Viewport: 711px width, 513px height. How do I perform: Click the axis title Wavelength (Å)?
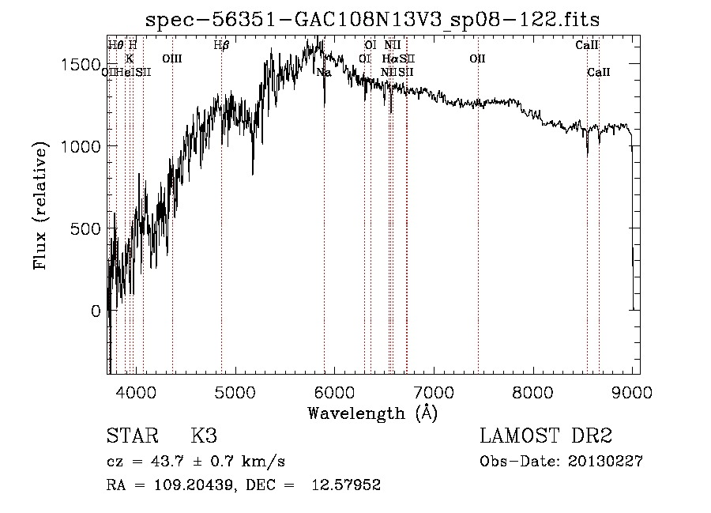point(372,413)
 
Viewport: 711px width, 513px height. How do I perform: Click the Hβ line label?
point(221,45)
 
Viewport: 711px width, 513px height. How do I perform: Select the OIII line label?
point(171,58)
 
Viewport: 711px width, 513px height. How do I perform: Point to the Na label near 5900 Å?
point(324,73)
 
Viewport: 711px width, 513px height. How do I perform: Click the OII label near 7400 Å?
point(477,58)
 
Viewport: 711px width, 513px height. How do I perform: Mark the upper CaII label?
point(587,45)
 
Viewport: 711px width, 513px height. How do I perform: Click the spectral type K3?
point(204,436)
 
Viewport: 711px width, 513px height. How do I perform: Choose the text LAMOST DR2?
point(546,436)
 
